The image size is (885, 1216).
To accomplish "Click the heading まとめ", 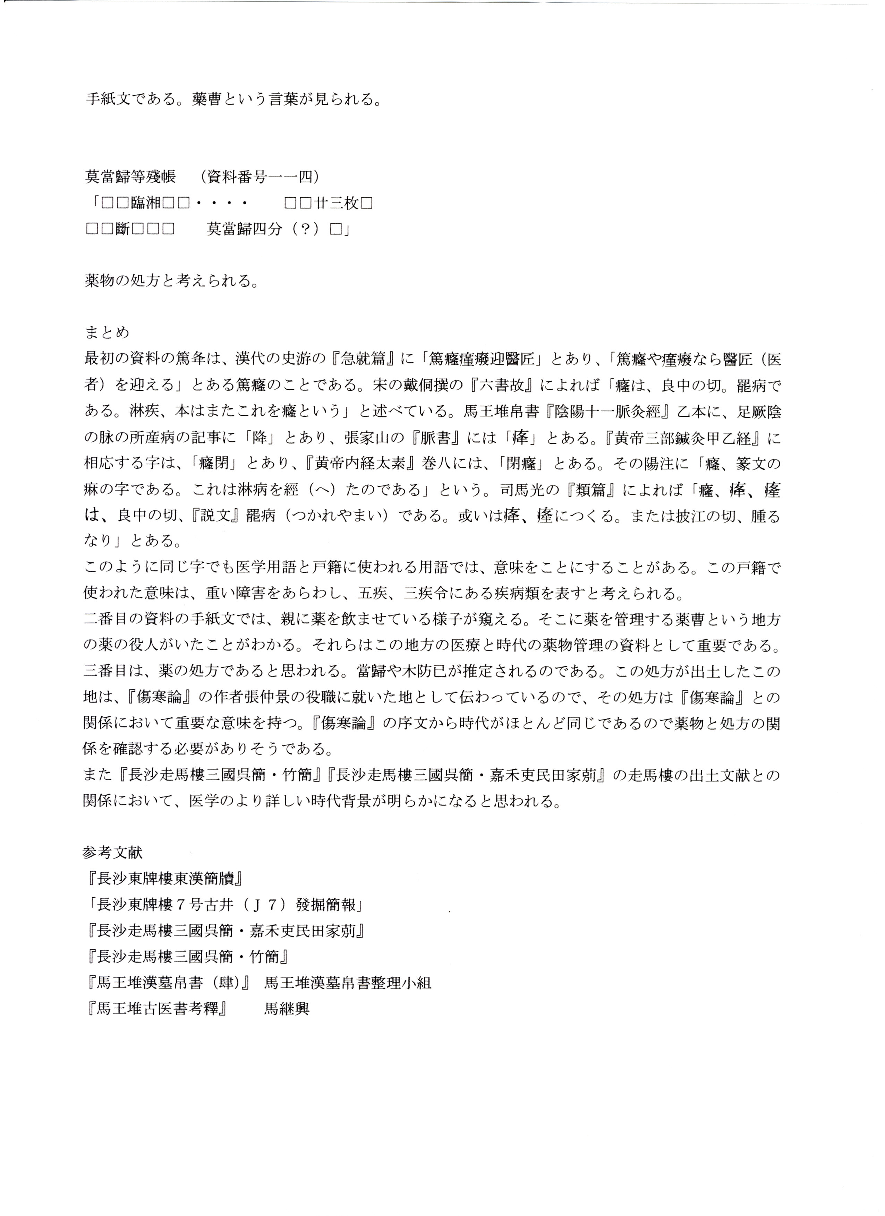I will [107, 333].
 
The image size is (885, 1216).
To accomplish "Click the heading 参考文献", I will [113, 852].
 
